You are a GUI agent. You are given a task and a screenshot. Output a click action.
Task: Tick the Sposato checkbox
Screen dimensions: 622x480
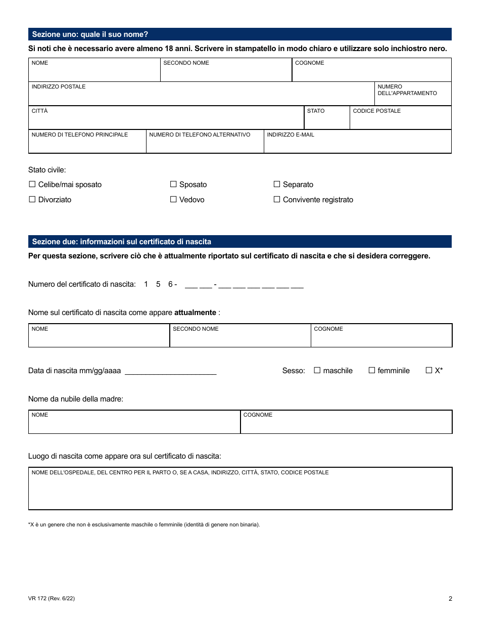pos(173,185)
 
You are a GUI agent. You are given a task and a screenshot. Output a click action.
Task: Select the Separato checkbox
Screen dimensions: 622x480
pos(277,185)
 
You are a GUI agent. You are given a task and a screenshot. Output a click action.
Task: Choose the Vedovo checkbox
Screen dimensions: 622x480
pos(173,200)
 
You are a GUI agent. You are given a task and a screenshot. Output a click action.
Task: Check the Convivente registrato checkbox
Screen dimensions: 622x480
pos(277,200)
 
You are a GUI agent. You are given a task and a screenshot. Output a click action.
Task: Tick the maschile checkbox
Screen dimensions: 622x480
pos(317,371)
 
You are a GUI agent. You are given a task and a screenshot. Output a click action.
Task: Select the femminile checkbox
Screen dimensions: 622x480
pos(372,371)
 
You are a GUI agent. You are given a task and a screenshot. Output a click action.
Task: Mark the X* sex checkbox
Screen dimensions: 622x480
pos(429,371)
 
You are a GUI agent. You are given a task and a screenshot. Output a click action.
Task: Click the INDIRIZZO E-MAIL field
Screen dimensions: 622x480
pos(357,144)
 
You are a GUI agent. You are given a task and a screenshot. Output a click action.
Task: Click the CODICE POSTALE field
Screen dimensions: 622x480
pos(400,120)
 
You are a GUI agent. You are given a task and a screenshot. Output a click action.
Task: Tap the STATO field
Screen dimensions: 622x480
pos(326,120)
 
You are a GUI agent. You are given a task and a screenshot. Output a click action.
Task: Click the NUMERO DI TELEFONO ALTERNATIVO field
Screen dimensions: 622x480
pos(205,144)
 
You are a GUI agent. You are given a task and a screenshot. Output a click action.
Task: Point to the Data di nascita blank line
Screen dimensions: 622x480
pos(170,371)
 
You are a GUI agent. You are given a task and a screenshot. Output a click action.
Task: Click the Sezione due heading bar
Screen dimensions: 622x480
pos(239,242)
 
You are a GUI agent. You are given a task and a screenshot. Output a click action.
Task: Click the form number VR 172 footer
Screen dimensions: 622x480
pos(52,599)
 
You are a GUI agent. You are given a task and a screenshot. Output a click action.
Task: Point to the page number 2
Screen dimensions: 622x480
pos(450,599)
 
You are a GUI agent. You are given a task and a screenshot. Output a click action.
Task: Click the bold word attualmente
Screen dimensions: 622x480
pos(195,313)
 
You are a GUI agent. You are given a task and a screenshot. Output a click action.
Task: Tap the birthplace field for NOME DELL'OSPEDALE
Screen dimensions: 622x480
pos(240,492)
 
